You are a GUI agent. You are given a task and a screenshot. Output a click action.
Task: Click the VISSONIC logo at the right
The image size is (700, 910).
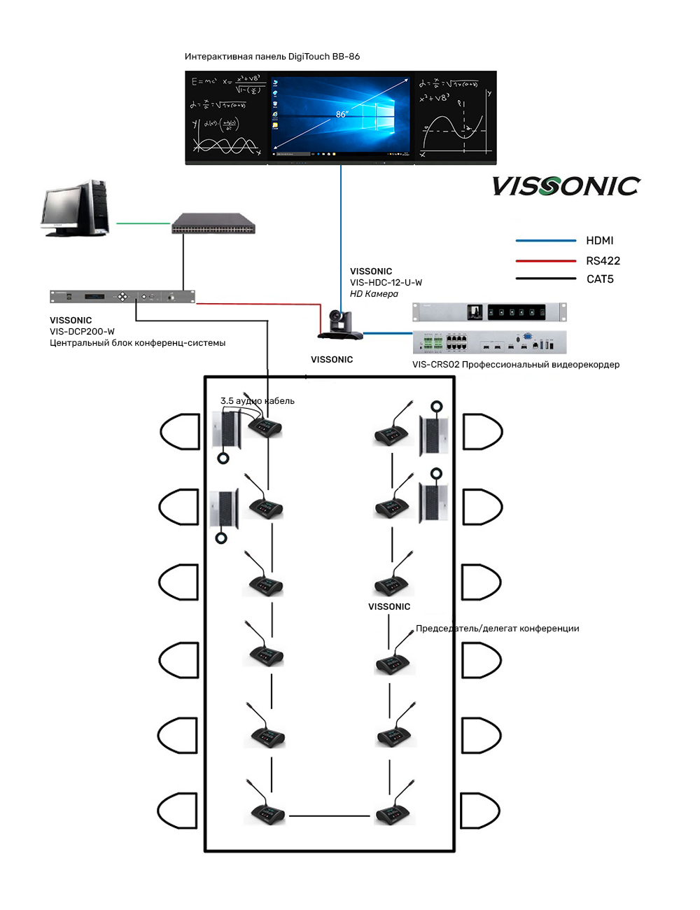[x=566, y=186]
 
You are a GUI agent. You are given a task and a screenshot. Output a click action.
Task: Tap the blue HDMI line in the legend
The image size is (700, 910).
[x=545, y=241]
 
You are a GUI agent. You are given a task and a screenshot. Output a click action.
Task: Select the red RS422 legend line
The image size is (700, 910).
[x=545, y=261]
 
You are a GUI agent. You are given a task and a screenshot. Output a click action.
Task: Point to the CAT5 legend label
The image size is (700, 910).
[x=600, y=279]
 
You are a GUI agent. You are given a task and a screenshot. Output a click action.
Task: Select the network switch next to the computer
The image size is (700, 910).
[x=213, y=224]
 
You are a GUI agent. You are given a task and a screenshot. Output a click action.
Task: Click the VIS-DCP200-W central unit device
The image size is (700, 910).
[x=122, y=297]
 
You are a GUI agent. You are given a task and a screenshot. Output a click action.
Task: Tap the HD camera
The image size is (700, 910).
[x=341, y=325]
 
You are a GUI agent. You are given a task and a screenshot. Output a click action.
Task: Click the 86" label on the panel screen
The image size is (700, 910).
[x=342, y=114]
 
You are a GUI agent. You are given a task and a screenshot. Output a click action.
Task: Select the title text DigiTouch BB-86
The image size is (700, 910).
[x=324, y=57]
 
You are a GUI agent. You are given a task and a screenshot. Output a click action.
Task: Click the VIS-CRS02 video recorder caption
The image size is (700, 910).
[x=515, y=365]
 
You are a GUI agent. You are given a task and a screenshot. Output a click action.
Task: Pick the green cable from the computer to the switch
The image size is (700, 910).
[x=143, y=224]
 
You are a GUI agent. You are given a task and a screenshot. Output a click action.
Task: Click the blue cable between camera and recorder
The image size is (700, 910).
[x=388, y=333]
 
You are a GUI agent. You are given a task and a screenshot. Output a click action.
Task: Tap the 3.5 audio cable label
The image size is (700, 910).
[x=258, y=401]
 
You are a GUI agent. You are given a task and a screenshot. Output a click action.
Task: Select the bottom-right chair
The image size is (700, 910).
[x=479, y=811]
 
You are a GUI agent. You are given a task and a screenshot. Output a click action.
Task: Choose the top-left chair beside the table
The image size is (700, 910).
[x=181, y=431]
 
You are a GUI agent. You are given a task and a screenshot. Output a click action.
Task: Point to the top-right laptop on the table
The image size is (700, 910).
[x=433, y=434]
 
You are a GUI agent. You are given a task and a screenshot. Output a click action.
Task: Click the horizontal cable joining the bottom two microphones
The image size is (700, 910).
[x=329, y=816]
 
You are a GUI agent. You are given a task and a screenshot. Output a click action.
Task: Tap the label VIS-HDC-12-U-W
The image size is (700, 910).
[x=386, y=283]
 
